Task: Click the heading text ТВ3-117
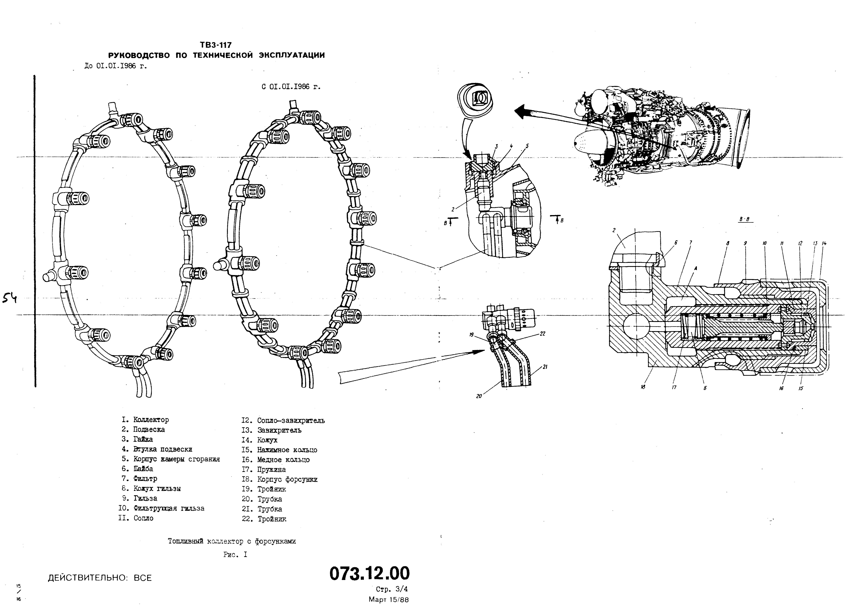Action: [216, 45]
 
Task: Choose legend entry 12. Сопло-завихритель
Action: [283, 420]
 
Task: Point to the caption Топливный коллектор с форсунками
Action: [232, 541]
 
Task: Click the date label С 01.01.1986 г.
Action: [291, 87]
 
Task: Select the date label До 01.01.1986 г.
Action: [116, 66]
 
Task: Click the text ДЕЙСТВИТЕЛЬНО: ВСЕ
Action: [100, 578]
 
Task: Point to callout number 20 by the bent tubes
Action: [479, 396]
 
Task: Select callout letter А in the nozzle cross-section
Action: [696, 268]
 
